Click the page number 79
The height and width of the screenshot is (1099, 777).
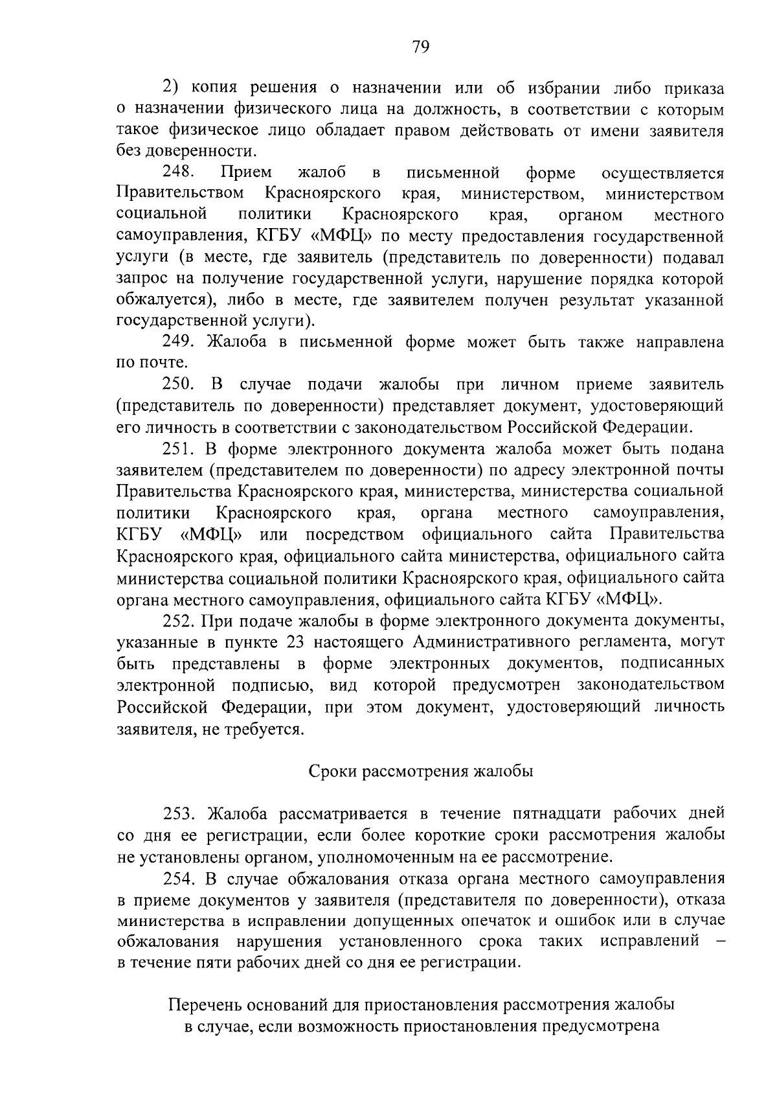420,47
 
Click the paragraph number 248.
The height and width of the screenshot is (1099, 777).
179,173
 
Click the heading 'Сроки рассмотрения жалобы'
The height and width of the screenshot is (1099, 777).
420,771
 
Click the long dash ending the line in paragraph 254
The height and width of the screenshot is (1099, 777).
717,940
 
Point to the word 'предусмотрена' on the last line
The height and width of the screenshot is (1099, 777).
602,1026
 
